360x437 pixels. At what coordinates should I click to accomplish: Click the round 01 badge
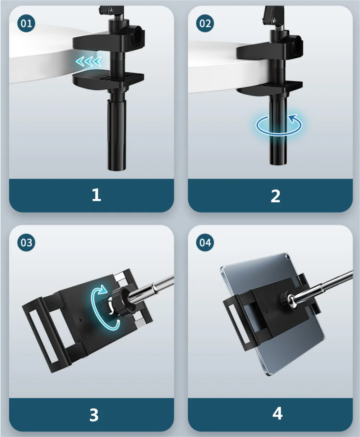tap(26, 23)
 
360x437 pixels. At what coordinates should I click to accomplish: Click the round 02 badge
tap(205, 23)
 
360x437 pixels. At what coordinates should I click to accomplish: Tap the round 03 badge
tap(26, 243)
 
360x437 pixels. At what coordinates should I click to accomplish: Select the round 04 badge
tap(205, 243)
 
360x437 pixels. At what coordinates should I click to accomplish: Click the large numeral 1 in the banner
tap(96, 195)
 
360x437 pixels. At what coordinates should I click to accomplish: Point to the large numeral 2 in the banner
tap(275, 196)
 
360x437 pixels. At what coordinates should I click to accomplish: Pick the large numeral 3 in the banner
tap(94, 415)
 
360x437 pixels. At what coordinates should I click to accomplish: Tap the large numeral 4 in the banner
tap(278, 414)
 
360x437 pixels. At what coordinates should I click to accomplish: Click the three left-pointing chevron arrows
tap(88, 62)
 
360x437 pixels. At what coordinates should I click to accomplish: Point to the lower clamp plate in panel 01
tap(108, 80)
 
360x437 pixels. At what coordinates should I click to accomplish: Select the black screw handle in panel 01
tap(117, 134)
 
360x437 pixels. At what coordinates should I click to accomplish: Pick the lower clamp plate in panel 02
tap(270, 87)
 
